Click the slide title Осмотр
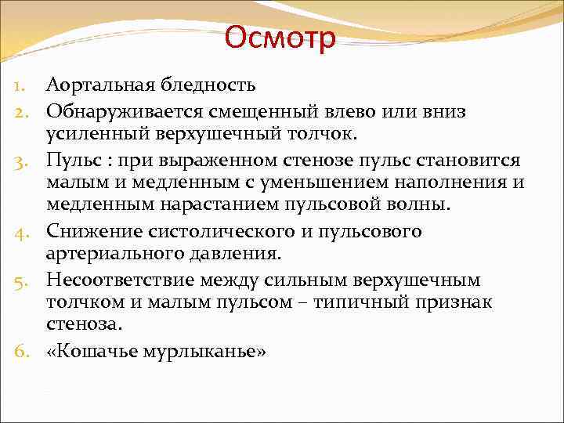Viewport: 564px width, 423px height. pyautogui.click(x=280, y=37)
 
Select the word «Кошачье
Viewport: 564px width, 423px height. pyautogui.click(x=91, y=352)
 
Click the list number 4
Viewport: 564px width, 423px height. pyautogui.click(x=23, y=233)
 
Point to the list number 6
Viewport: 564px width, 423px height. pyautogui.click(x=23, y=352)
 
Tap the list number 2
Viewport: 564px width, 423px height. pyautogui.click(x=23, y=113)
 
